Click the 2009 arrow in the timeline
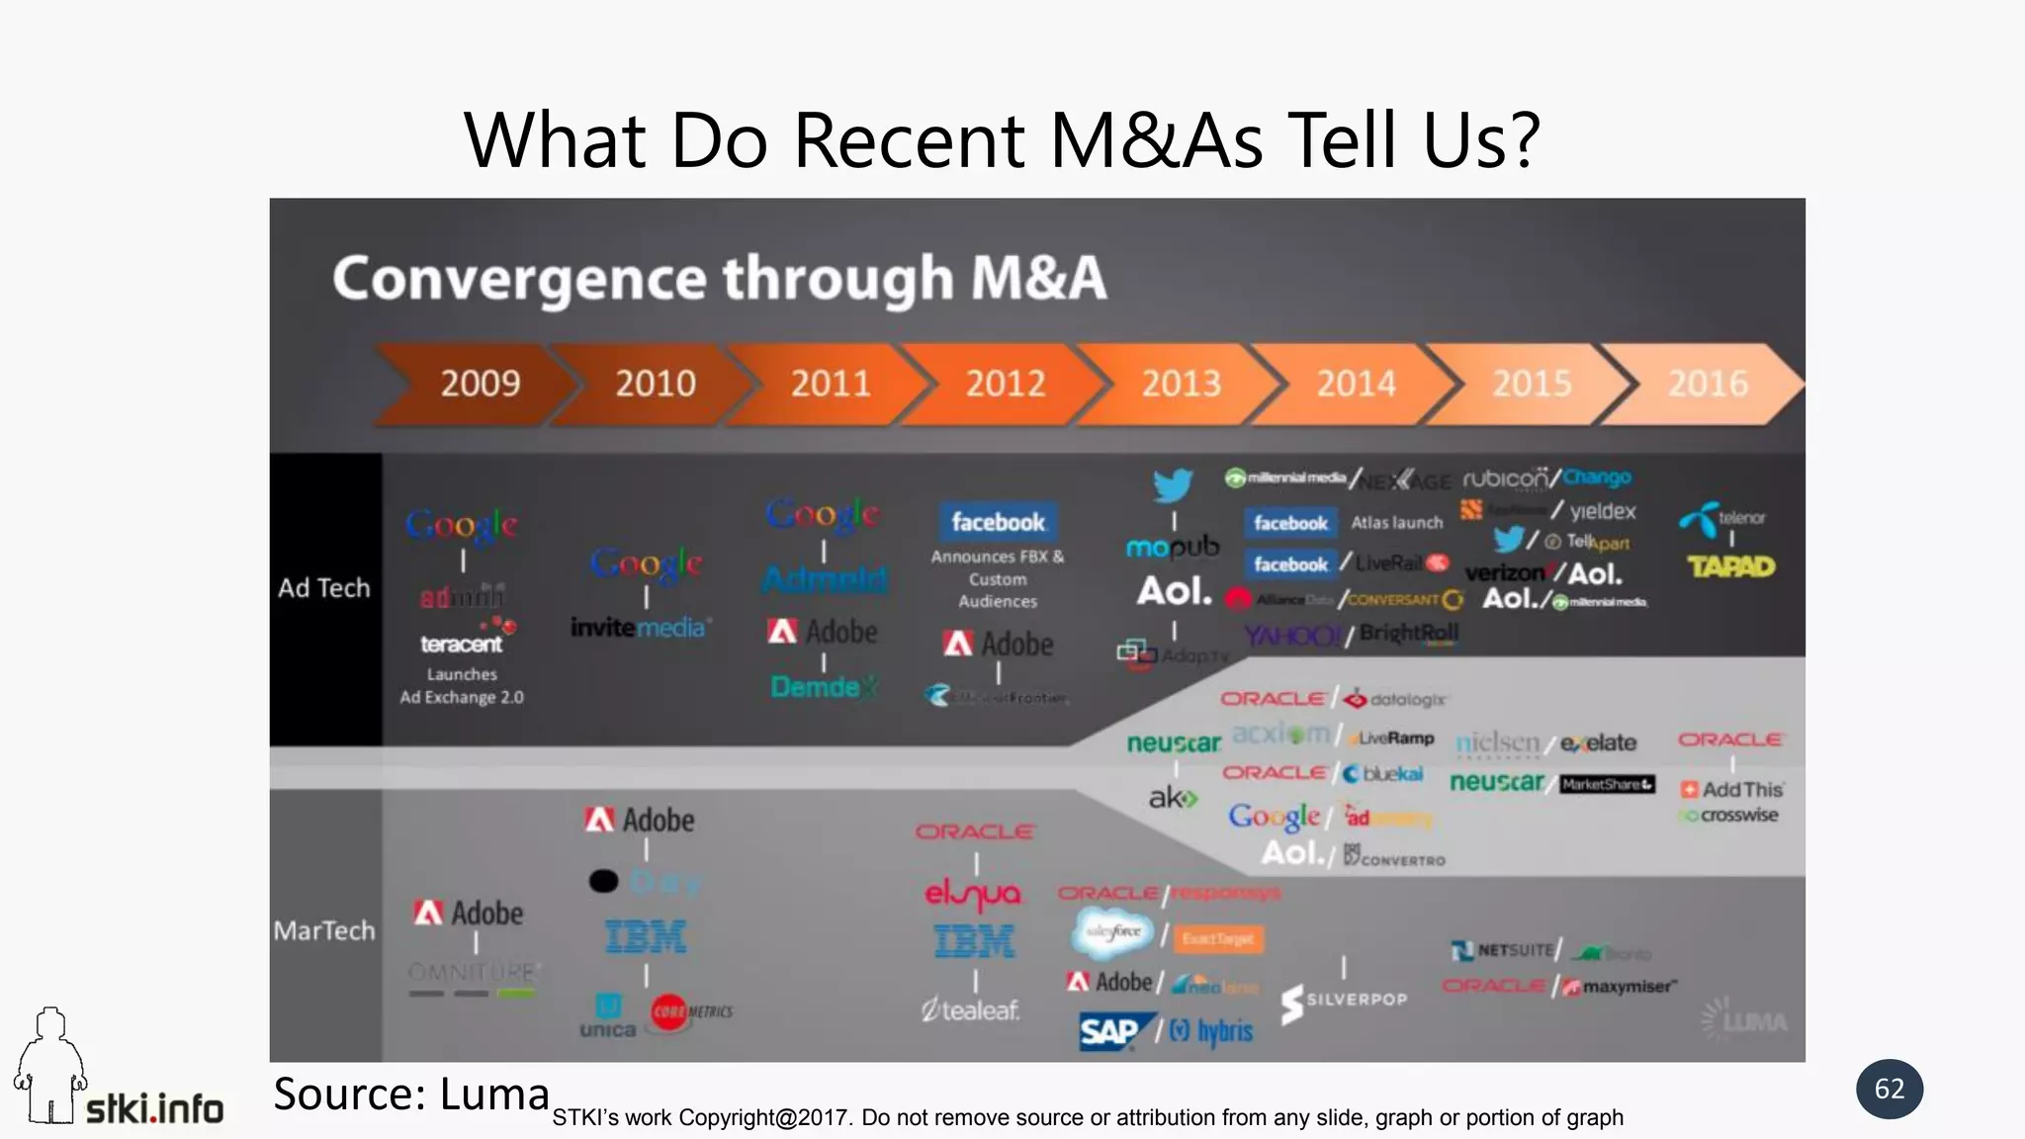480,384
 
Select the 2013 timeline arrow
1181,384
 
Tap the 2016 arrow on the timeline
1708,384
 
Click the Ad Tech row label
324,588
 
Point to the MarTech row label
324,930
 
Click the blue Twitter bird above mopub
1174,484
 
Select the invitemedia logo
640,627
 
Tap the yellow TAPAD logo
1730,567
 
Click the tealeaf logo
970,1009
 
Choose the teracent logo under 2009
462,644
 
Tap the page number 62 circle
1889,1089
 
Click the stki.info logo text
154,1108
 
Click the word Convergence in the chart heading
519,278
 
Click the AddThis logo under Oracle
1732,789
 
